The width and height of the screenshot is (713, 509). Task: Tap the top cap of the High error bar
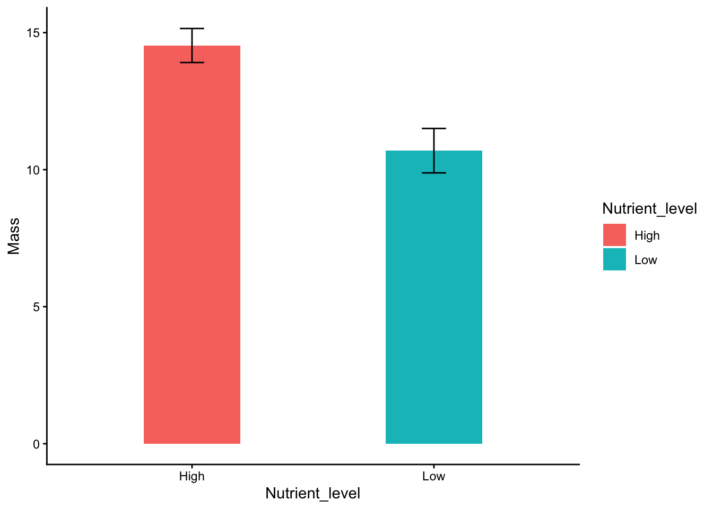point(192,29)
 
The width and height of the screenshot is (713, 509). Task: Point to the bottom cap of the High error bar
point(192,63)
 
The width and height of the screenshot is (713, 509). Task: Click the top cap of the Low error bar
point(433,128)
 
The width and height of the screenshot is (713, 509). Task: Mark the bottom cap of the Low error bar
point(433,173)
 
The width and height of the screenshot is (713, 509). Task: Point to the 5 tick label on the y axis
point(36,307)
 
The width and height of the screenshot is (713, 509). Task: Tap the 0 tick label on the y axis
point(36,444)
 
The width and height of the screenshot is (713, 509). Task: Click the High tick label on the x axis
point(192,476)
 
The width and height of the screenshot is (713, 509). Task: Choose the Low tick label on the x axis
point(433,476)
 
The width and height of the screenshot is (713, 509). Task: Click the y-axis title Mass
point(14,236)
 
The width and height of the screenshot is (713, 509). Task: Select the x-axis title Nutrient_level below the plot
point(312,494)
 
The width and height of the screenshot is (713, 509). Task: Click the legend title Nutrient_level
point(649,209)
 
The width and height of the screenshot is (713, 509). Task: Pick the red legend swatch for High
point(614,235)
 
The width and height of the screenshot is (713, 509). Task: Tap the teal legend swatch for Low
point(614,259)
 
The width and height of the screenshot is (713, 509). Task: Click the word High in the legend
point(647,235)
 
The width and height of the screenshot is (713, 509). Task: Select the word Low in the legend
point(646,260)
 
